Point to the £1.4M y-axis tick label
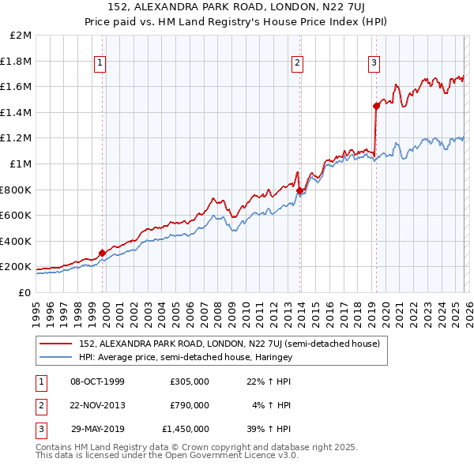17,112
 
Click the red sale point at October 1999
102,253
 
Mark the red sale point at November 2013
299,190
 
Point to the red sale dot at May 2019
376,106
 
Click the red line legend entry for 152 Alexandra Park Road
230,344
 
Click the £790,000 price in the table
190,405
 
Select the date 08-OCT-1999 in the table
97,381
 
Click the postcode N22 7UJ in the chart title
292,7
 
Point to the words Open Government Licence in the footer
236,455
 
